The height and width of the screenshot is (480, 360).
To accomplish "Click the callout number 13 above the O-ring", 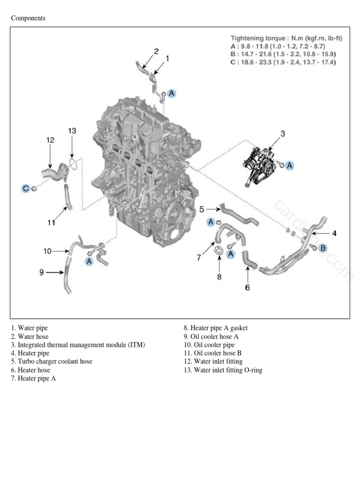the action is coord(72,131).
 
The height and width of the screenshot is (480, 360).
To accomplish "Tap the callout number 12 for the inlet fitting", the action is coord(50,140).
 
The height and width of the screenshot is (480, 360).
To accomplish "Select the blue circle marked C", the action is coord(26,188).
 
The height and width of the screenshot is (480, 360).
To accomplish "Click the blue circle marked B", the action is coord(322,248).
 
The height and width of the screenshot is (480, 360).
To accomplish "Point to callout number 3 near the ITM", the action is coord(283,134).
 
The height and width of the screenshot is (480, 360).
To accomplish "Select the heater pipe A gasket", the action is coord(219,250).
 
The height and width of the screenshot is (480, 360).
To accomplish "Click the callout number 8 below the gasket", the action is coord(219,277).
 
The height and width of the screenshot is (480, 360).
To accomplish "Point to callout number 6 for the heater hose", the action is coord(247,287).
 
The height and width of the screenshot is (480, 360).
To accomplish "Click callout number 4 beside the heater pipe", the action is coord(334,233).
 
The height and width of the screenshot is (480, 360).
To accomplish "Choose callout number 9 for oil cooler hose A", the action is coord(42,272).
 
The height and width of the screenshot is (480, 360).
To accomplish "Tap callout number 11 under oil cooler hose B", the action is coord(51,222).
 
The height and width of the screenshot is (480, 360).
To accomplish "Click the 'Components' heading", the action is coord(28,18).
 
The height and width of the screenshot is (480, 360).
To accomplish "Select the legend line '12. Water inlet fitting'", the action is coord(213,361).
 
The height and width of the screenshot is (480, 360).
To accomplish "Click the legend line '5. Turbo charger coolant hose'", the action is coord(52,361).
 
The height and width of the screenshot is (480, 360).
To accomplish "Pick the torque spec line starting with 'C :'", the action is coord(283,62).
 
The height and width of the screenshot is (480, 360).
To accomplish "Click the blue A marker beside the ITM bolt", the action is coord(290,165).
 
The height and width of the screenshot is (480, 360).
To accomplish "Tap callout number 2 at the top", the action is coord(157,51).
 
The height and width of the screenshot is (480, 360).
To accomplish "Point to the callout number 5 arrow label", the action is coord(202,209).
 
